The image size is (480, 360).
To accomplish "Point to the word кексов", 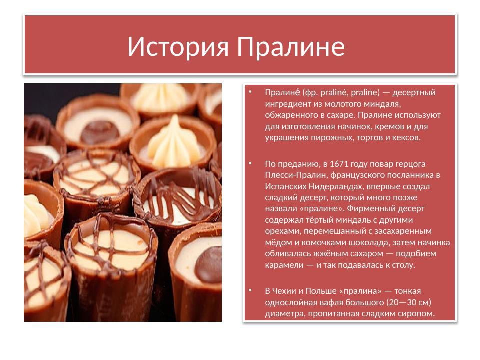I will coord(406,137).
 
